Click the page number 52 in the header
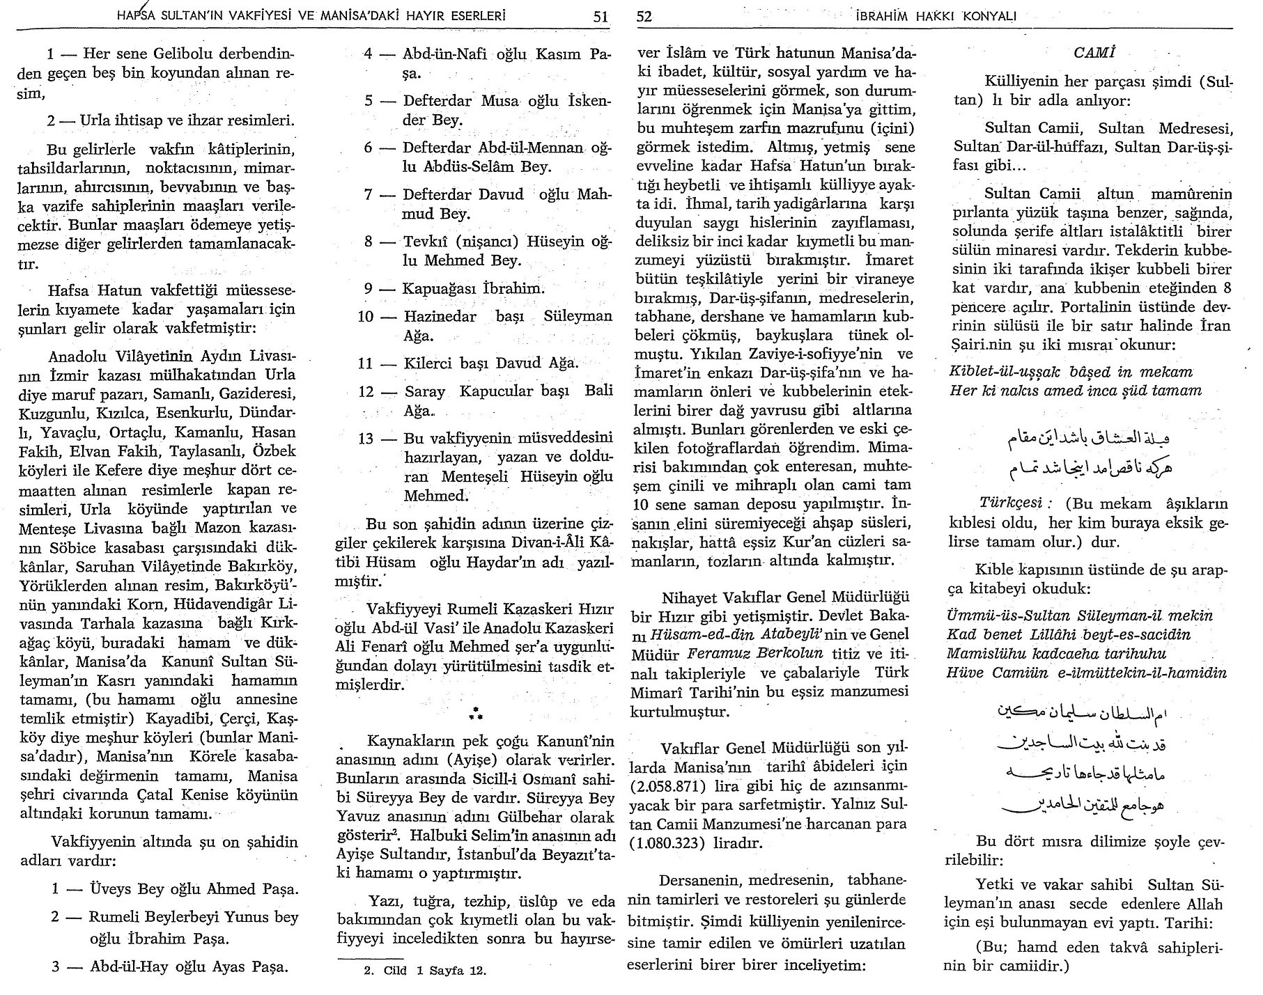click(644, 16)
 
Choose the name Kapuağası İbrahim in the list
click(474, 288)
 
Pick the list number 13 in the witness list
click(366, 438)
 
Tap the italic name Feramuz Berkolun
click(755, 654)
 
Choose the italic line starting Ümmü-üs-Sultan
click(1080, 616)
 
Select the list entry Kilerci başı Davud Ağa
click(490, 363)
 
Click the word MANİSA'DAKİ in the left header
click(364, 15)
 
